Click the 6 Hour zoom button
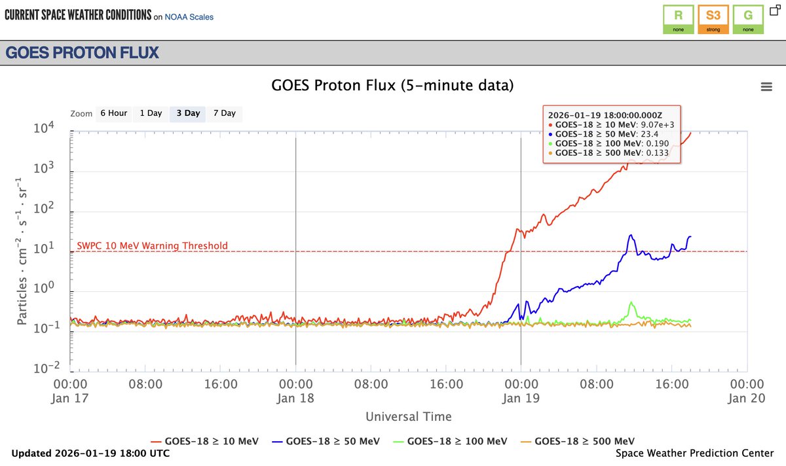pyautogui.click(x=113, y=113)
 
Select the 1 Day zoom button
pyautogui.click(x=150, y=113)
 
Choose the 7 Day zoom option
pyautogui.click(x=224, y=113)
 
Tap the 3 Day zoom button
pyautogui.click(x=187, y=113)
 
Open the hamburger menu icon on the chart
pyautogui.click(x=765, y=87)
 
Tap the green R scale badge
pyautogui.click(x=678, y=19)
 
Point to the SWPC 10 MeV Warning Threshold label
pyautogui.click(x=152, y=246)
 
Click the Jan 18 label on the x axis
pyautogui.click(x=295, y=397)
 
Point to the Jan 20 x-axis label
pyautogui.click(x=747, y=397)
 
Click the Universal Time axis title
pyautogui.click(x=408, y=416)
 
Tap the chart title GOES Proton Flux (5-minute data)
pyautogui.click(x=392, y=86)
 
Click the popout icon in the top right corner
pyautogui.click(x=774, y=10)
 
